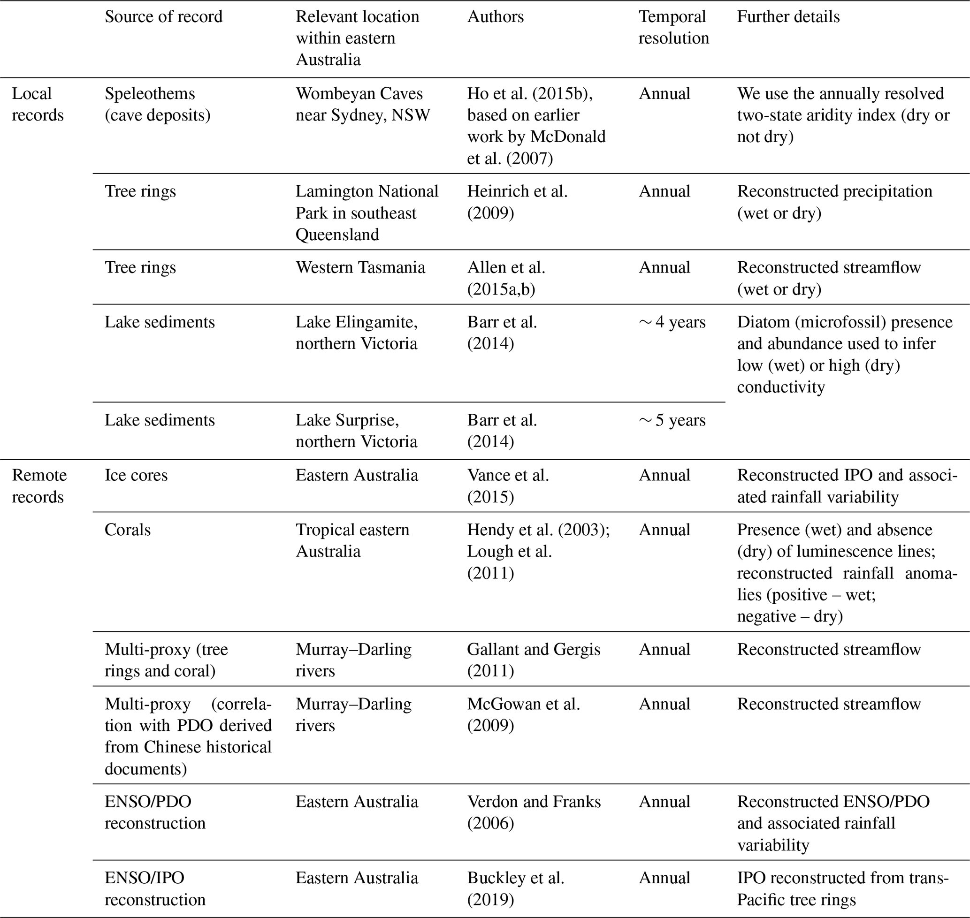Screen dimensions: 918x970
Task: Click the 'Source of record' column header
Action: tap(163, 16)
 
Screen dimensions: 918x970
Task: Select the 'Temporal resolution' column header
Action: tap(673, 27)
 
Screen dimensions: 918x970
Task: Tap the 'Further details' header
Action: tap(788, 16)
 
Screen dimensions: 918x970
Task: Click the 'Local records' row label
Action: tap(38, 104)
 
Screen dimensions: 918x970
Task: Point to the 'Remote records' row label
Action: tap(38, 486)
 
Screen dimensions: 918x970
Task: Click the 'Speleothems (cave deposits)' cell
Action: tap(157, 104)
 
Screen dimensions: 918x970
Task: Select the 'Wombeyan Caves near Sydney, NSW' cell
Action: tap(362, 104)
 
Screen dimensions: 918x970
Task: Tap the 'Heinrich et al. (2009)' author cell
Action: tap(517, 202)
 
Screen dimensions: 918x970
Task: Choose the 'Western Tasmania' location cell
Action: tap(360, 268)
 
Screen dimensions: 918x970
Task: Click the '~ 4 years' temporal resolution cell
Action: tap(672, 322)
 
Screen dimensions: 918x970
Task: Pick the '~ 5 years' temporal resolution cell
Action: tap(672, 420)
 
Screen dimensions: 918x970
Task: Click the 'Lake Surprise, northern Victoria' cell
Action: tap(356, 431)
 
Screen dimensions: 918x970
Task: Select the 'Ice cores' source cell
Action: tap(136, 475)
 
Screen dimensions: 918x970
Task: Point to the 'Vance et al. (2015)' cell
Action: tap(508, 486)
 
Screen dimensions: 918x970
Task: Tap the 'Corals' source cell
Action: tap(127, 530)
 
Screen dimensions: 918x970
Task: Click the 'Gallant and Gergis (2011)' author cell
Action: tap(533, 660)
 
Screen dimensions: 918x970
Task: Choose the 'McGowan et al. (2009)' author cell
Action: tap(523, 714)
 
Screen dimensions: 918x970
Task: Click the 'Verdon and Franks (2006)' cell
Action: tap(534, 812)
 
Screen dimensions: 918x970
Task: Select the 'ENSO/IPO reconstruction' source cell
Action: tap(155, 888)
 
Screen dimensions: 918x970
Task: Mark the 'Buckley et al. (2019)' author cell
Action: tap(516, 888)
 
